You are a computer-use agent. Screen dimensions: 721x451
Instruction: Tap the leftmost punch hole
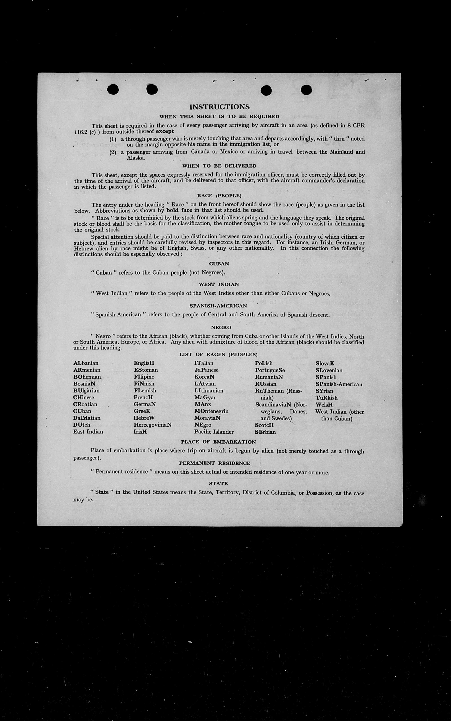pyautogui.click(x=113, y=89)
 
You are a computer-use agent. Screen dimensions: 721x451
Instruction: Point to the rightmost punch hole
pyautogui.click(x=306, y=90)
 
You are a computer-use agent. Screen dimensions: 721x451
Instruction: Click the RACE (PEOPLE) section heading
pyautogui.click(x=219, y=196)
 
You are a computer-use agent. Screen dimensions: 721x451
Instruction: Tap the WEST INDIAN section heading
pyautogui.click(x=219, y=284)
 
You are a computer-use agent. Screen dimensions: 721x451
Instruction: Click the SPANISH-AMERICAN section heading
pyautogui.click(x=218, y=306)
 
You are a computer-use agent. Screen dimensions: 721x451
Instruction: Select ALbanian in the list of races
pyautogui.click(x=86, y=363)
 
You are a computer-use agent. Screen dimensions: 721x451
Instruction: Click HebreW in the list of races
pyautogui.click(x=144, y=418)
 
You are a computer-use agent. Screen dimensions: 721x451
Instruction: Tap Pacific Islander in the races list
pyautogui.click(x=214, y=432)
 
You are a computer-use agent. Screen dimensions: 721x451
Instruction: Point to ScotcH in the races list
pyautogui.click(x=264, y=425)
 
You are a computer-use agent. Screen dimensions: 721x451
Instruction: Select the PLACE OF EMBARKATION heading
pyautogui.click(x=218, y=442)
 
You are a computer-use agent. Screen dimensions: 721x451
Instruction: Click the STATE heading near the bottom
pyautogui.click(x=218, y=484)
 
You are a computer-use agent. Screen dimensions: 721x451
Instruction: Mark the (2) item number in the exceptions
pyautogui.click(x=113, y=153)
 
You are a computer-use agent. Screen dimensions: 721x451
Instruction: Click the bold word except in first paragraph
pyautogui.click(x=165, y=131)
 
